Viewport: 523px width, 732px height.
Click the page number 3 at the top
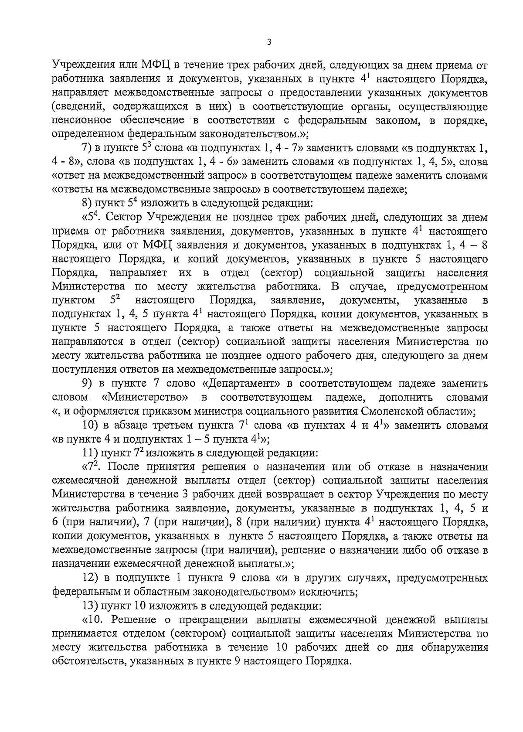[x=269, y=42]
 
